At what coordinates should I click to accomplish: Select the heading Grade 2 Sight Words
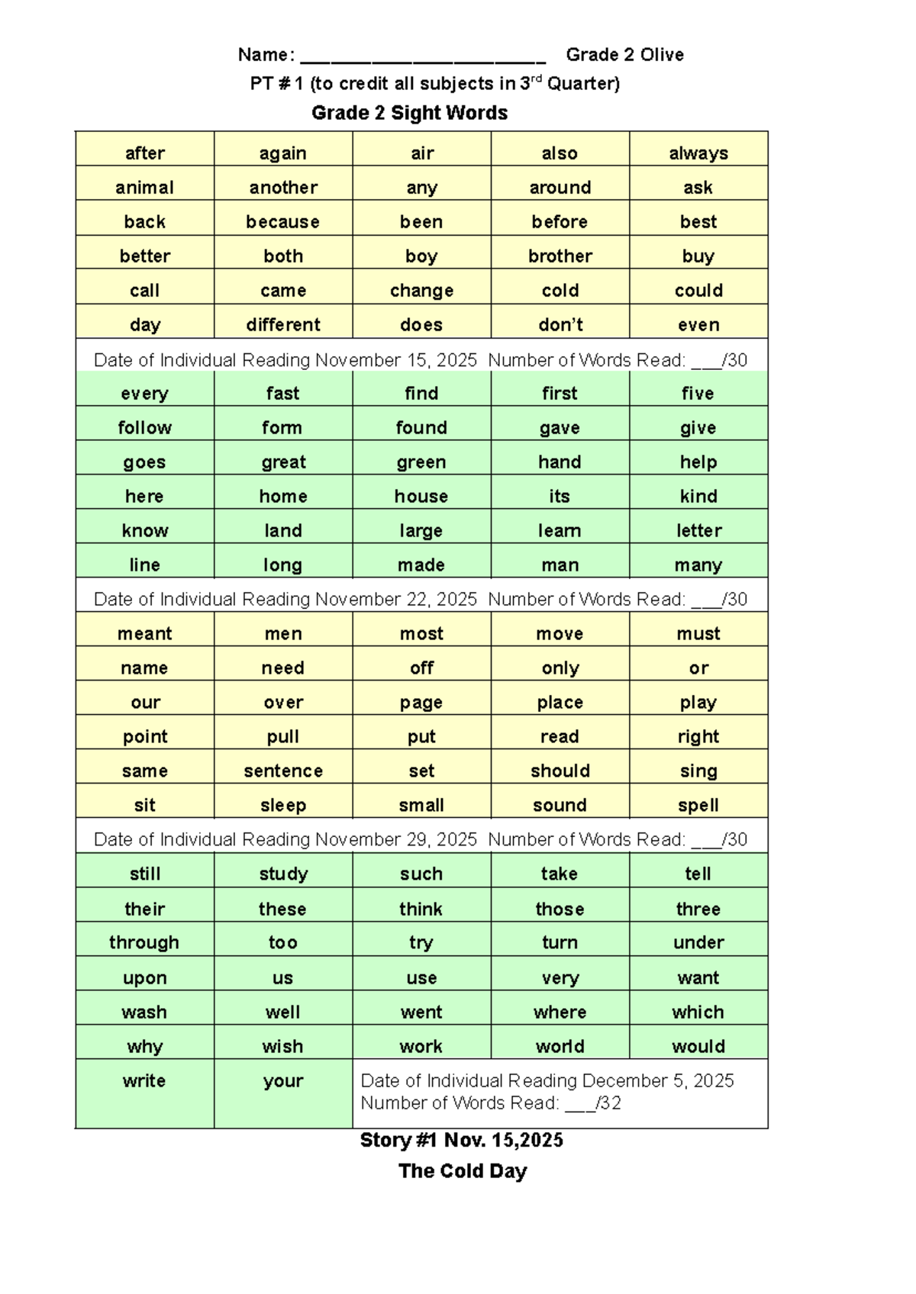pos(409,113)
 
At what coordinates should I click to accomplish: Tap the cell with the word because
pos(282,222)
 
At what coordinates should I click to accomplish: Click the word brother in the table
pos(560,256)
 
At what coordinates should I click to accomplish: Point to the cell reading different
pos(282,325)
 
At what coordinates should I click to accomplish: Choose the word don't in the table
pos(560,325)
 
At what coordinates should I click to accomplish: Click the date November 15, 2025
pos(396,360)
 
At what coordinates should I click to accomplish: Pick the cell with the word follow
pos(144,428)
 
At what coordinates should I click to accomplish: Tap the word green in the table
pos(421,462)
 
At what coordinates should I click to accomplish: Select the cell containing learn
pos(560,531)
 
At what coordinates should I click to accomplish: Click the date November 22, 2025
pos(396,600)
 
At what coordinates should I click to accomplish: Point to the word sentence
pos(282,771)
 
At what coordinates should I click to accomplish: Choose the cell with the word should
pos(560,771)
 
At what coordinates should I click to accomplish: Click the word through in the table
pos(144,943)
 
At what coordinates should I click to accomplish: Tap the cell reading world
pos(560,1047)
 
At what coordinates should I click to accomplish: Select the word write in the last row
pos(144,1081)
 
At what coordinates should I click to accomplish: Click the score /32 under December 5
pos(608,1103)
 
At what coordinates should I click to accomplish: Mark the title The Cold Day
pos(463,1171)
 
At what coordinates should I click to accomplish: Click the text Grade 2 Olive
pos(624,55)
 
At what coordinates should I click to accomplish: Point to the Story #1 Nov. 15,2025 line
pos(462,1141)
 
